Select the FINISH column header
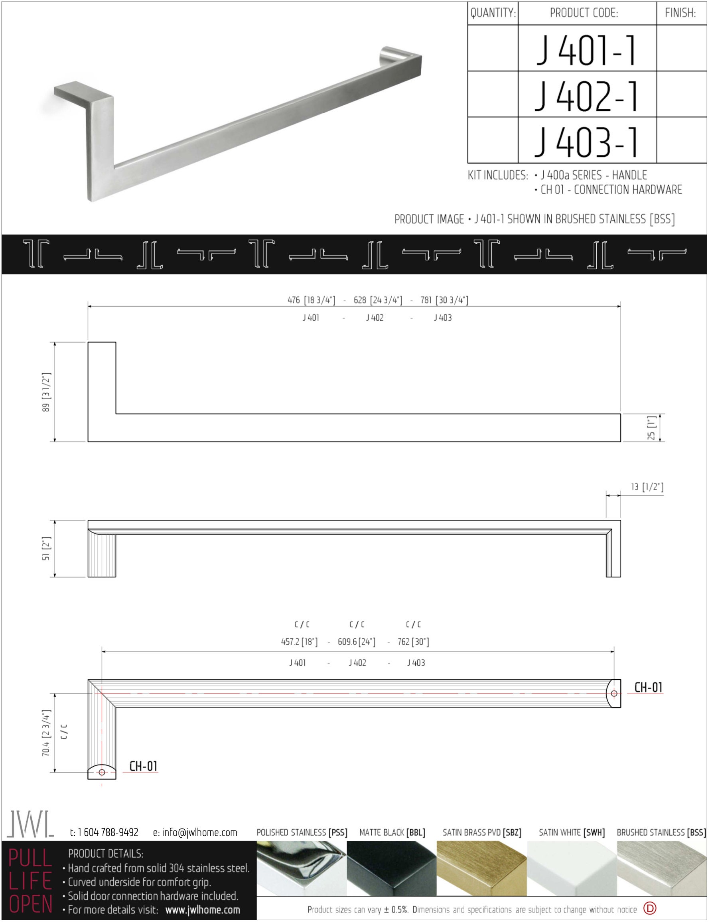(680, 13)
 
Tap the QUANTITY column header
(493, 13)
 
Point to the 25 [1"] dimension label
(651, 428)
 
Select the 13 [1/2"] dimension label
(647, 487)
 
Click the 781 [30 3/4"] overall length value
(444, 300)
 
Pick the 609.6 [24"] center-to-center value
(356, 641)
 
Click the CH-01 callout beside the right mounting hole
(648, 687)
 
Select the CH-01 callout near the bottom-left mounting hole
(143, 766)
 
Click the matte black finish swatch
(391, 868)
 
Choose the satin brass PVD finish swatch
(481, 868)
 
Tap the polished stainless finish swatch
(301, 868)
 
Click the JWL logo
(30, 824)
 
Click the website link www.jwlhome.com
(203, 910)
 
